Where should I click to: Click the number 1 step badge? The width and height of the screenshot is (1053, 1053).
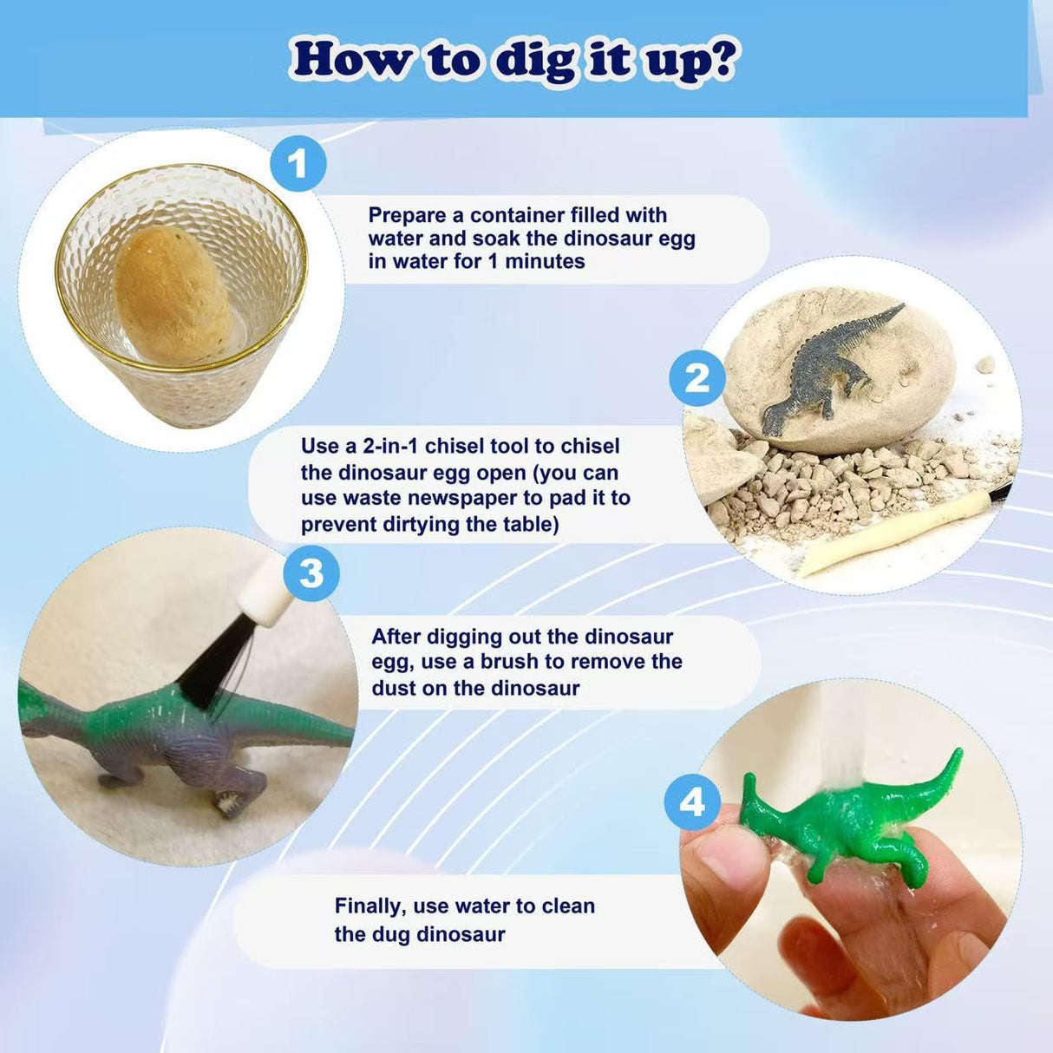[x=298, y=163]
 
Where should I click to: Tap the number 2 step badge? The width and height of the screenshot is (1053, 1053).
[x=697, y=377]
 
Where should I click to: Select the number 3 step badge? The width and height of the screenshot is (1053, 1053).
[x=311, y=573]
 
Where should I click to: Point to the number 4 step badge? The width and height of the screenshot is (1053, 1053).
[x=692, y=802]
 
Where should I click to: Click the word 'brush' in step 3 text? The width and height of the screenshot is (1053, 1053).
[x=509, y=662]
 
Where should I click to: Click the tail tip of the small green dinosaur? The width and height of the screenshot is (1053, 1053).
[x=959, y=752]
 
